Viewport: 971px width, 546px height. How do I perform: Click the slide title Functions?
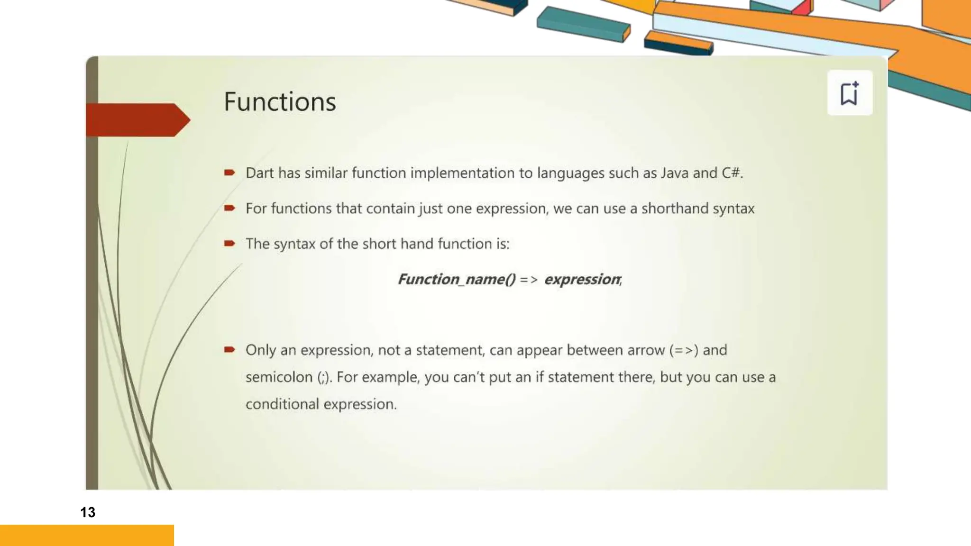point(280,102)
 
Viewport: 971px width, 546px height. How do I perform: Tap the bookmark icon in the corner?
point(849,93)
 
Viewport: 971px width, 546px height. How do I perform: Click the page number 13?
point(88,512)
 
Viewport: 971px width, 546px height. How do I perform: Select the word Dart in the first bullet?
point(259,173)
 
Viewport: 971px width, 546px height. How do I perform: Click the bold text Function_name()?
point(456,279)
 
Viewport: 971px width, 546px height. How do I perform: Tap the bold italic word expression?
point(582,279)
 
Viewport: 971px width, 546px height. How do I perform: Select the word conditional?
point(282,404)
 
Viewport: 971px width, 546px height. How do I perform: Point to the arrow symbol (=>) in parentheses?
point(684,350)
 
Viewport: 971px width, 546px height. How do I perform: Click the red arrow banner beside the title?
point(137,120)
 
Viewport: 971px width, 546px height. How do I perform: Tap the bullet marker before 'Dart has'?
point(229,173)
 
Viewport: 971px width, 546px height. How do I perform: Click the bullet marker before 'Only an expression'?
point(229,350)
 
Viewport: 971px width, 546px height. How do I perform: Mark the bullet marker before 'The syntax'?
point(229,244)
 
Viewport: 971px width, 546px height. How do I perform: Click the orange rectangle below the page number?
point(87,535)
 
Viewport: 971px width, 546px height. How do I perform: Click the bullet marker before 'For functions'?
point(229,208)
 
